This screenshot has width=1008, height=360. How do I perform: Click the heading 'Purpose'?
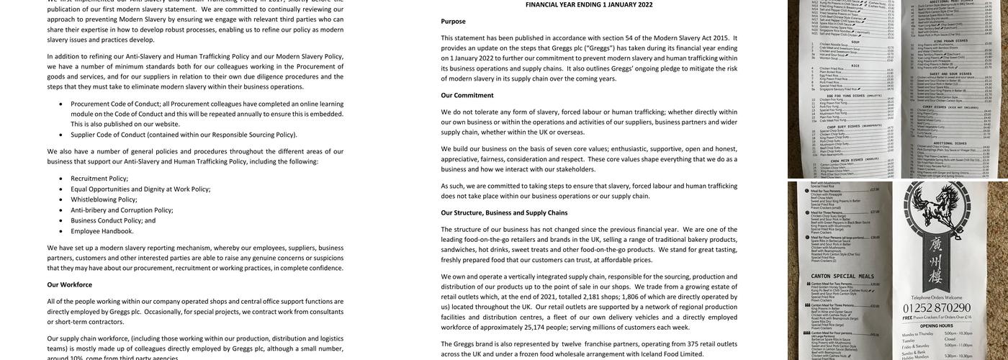click(x=453, y=22)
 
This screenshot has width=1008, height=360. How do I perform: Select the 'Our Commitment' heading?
click(x=467, y=95)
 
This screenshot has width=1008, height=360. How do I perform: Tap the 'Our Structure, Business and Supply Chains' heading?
click(x=504, y=212)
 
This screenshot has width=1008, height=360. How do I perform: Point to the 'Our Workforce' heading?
click(x=70, y=284)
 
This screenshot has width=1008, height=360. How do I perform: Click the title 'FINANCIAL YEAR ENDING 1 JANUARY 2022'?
click(x=589, y=4)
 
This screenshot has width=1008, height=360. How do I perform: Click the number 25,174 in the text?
click(x=534, y=327)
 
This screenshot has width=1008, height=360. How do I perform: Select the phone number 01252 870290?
click(x=946, y=307)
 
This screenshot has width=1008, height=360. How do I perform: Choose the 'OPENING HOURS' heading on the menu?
click(x=946, y=325)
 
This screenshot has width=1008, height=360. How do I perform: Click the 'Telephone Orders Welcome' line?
click(x=946, y=297)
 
